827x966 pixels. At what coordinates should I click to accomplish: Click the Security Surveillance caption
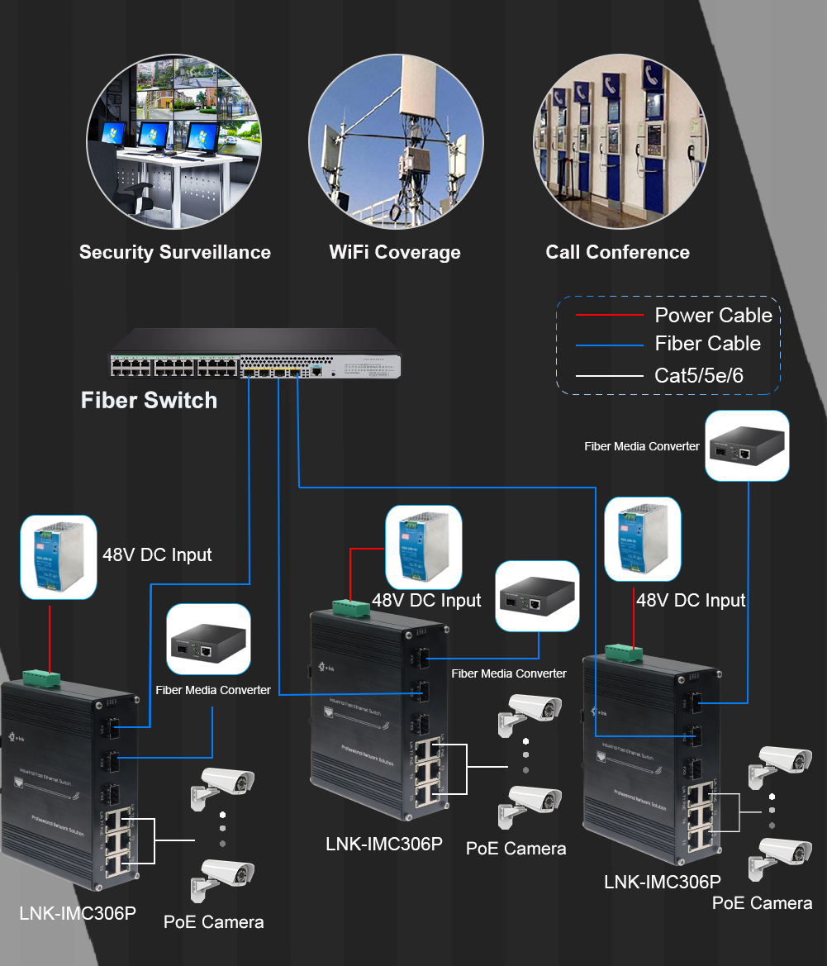click(x=174, y=253)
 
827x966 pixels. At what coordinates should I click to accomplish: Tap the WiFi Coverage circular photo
click(x=396, y=141)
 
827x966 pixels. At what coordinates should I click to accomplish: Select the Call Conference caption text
click(x=617, y=253)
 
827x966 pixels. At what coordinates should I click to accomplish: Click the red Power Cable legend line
click(x=609, y=315)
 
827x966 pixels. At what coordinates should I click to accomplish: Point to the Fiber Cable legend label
click(x=707, y=344)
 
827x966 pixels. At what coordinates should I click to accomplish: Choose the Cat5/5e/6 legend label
click(x=699, y=376)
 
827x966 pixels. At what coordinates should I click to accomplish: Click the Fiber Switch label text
click(x=149, y=401)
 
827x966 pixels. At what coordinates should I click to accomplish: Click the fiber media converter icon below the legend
click(x=747, y=445)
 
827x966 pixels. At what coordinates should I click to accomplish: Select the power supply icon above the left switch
click(x=58, y=557)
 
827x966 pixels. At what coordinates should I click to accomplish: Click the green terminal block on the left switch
click(x=42, y=678)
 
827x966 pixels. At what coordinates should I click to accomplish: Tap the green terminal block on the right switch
click(x=625, y=653)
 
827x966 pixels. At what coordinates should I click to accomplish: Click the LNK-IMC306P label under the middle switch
click(x=384, y=844)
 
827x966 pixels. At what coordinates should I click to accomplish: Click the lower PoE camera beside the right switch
click(x=780, y=857)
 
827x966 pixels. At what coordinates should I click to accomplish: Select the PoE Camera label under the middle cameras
click(x=516, y=849)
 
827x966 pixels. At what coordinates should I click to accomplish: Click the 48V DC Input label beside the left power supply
click(x=157, y=555)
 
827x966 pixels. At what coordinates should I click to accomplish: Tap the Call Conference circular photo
click(x=620, y=141)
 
